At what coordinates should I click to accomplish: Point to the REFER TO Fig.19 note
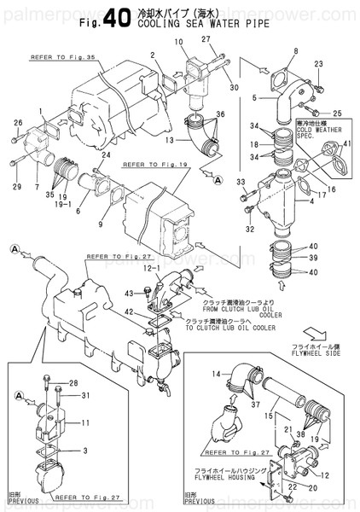coord(154,166)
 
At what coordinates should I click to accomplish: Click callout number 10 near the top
coord(178,42)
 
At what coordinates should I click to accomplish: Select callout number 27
coord(206,39)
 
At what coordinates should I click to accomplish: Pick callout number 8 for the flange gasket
coord(296,52)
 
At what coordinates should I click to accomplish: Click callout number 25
coord(337,113)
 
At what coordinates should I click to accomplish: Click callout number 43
coord(129,295)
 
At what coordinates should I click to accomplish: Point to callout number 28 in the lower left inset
coord(73,382)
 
